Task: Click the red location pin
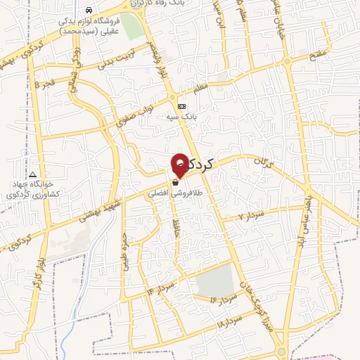pyautogui.click(x=180, y=162)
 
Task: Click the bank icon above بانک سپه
pyautogui.click(x=182, y=106)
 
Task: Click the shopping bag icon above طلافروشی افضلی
pyautogui.click(x=174, y=182)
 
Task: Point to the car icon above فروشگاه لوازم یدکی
pyautogui.click(x=88, y=11)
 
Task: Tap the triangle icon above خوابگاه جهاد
pyautogui.click(x=32, y=174)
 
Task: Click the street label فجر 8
pyautogui.click(x=44, y=84)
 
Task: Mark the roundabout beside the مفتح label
pyautogui.click(x=288, y=62)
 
